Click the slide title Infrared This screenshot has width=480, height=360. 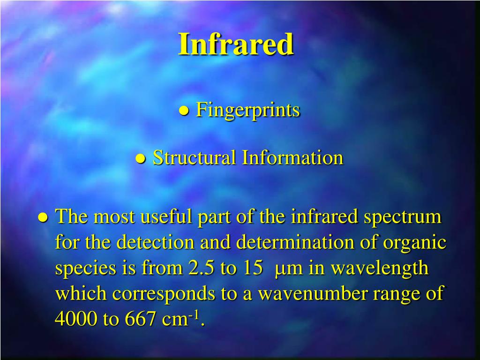point(236,45)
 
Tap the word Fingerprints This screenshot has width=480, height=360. point(247,110)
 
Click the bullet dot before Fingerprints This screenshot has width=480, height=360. point(184,111)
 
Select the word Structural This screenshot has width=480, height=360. point(195,158)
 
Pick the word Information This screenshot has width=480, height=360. point(292,158)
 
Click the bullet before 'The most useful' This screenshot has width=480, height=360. point(43,217)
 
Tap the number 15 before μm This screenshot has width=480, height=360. point(253,269)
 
